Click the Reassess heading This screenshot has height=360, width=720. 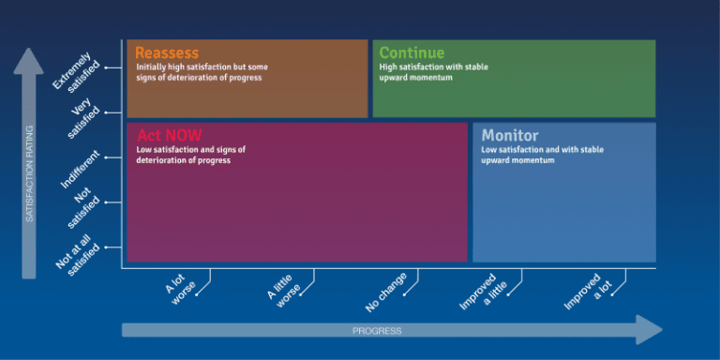(x=167, y=52)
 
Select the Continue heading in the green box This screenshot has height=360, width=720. (x=412, y=52)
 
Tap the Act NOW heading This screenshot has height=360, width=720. (x=170, y=135)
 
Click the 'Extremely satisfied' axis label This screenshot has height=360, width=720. (x=75, y=71)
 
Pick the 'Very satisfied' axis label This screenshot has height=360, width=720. (x=83, y=119)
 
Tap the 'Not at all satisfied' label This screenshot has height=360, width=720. (x=77, y=251)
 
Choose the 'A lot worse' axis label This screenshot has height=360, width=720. (x=184, y=286)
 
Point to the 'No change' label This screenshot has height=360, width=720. (x=386, y=292)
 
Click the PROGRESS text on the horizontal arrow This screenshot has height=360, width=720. (x=377, y=331)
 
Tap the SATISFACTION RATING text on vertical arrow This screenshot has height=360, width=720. (x=29, y=173)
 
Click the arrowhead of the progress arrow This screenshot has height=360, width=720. (x=649, y=330)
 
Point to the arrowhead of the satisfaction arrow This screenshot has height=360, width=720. (x=29, y=61)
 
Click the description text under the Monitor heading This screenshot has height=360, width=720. (x=542, y=155)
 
